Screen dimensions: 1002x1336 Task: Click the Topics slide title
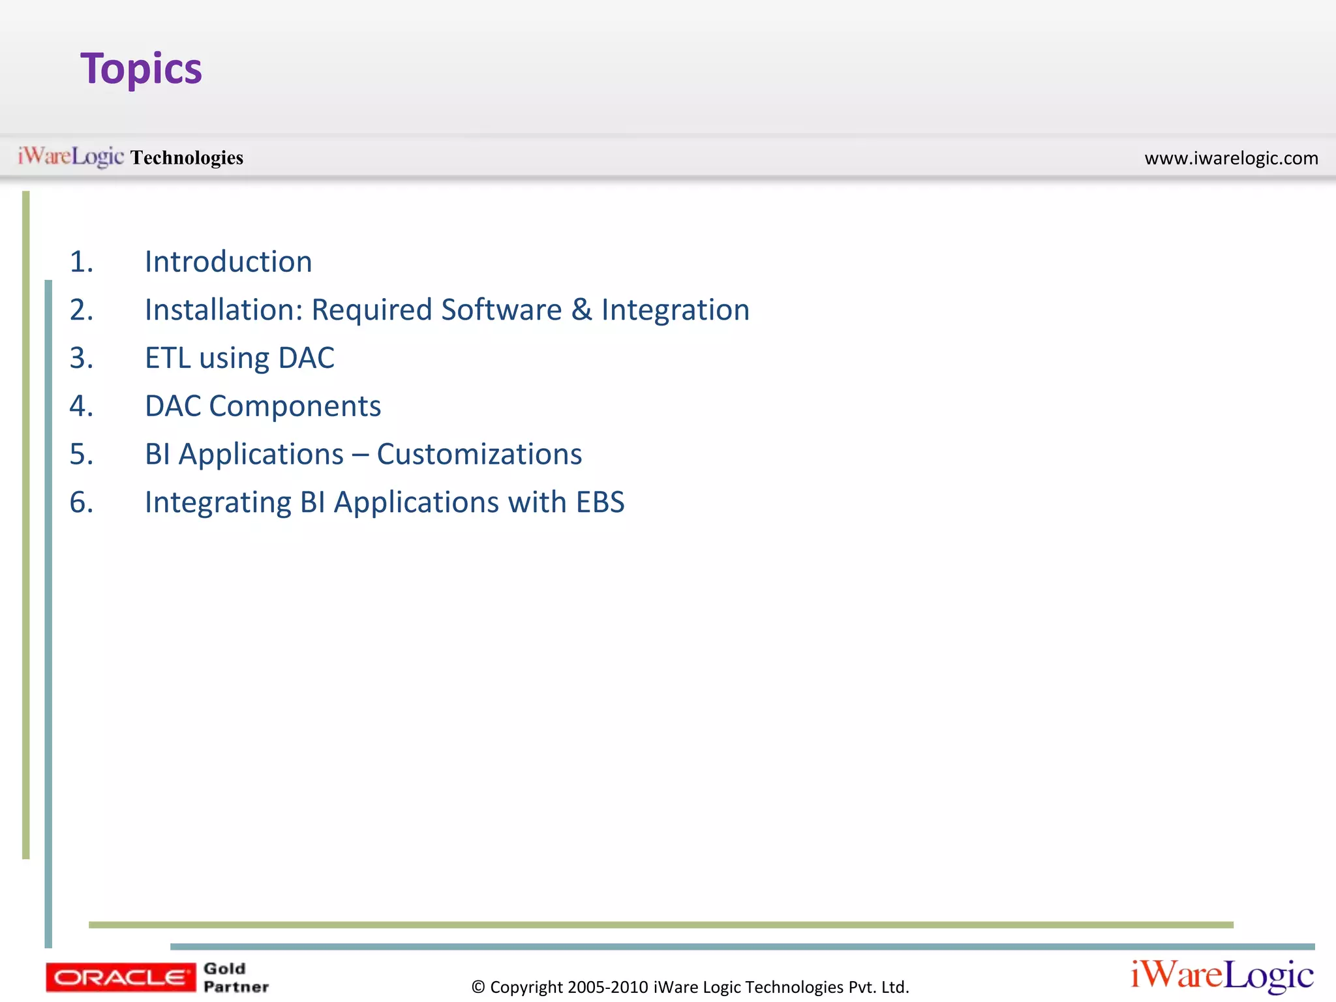(x=141, y=69)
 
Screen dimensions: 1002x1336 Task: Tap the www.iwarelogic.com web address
(x=1231, y=158)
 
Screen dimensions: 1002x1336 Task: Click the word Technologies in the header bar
(x=187, y=158)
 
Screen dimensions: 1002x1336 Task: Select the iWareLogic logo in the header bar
(x=70, y=157)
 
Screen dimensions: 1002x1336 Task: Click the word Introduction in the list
(x=228, y=262)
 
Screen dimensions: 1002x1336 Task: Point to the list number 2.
(x=81, y=310)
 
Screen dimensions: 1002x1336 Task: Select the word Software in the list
(x=501, y=310)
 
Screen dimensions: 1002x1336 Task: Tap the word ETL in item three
(x=168, y=358)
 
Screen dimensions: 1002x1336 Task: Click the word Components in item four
(x=295, y=406)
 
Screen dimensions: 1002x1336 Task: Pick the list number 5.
(x=81, y=454)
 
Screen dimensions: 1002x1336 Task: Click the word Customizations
(x=479, y=454)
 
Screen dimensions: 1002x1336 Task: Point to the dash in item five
(x=360, y=455)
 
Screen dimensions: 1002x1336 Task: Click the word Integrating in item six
(x=218, y=504)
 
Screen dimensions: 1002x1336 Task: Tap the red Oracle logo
(x=121, y=977)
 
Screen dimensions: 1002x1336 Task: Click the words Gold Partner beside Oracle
(x=235, y=977)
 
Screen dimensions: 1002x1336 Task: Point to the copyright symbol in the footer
(x=478, y=987)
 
